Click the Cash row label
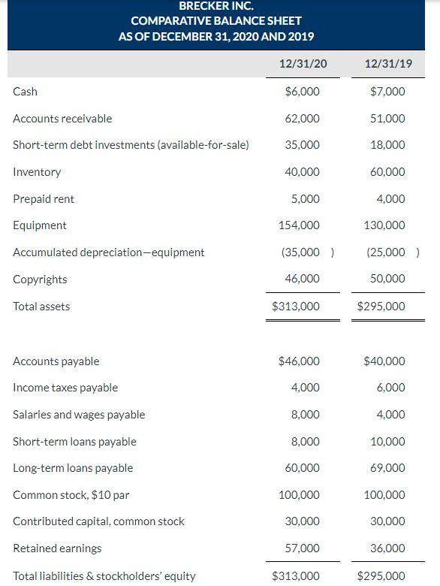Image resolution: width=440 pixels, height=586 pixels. pyautogui.click(x=25, y=92)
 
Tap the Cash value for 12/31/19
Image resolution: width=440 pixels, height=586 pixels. pyautogui.click(x=388, y=92)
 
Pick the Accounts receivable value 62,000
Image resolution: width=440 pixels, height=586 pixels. pyautogui.click(x=303, y=119)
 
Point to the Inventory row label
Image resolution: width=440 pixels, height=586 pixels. pyautogui.click(x=37, y=172)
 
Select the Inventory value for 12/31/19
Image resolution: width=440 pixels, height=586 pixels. pyautogui.click(x=388, y=172)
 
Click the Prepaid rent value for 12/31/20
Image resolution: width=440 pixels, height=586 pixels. pyautogui.click(x=306, y=199)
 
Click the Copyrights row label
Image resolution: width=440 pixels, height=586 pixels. pyautogui.click(x=40, y=279)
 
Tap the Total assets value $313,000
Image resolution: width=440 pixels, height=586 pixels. pyautogui.click(x=296, y=307)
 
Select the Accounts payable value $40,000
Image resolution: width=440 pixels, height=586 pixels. pyautogui.click(x=384, y=361)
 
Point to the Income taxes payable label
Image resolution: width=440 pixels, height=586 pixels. pyautogui.click(x=65, y=388)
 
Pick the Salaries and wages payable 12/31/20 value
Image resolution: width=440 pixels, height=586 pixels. pyautogui.click(x=306, y=415)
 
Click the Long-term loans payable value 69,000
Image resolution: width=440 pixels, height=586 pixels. pyautogui.click(x=388, y=468)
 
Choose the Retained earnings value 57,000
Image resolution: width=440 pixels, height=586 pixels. pyautogui.click(x=303, y=548)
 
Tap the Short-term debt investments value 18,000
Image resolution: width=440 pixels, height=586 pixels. pyautogui.click(x=388, y=145)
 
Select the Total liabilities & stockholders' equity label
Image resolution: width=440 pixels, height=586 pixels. pyautogui.click(x=104, y=576)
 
